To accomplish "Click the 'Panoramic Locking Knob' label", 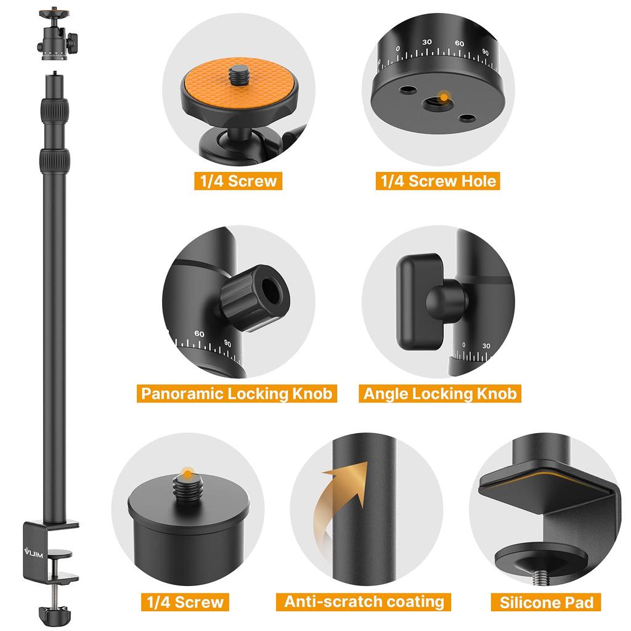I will pyautogui.click(x=236, y=393).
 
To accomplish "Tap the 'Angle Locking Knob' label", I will pyautogui.click(x=440, y=393).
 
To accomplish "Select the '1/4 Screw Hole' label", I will pyautogui.click(x=436, y=181).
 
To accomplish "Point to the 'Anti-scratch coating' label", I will pyautogui.click(x=364, y=601).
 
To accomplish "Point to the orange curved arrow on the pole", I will pyautogui.click(x=337, y=499).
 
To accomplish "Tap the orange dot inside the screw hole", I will pyautogui.click(x=441, y=96).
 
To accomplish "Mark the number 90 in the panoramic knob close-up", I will pyautogui.click(x=227, y=343).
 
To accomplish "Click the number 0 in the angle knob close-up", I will pyautogui.click(x=464, y=346).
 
